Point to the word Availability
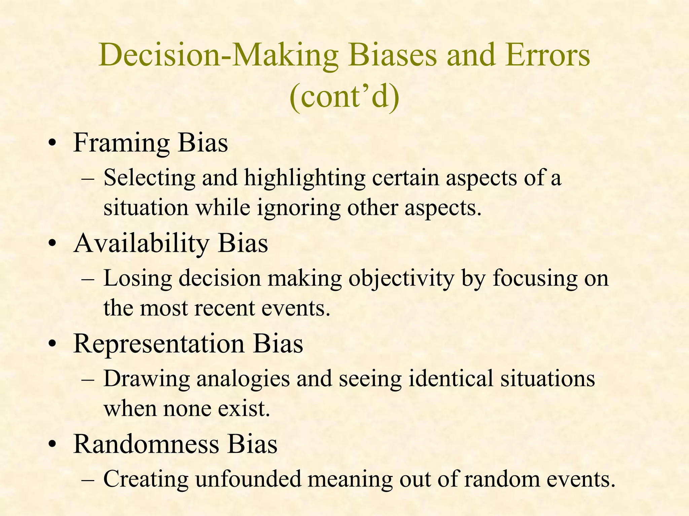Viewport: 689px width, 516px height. pyautogui.click(x=142, y=243)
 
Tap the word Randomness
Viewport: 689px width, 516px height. pyautogui.click(x=146, y=444)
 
